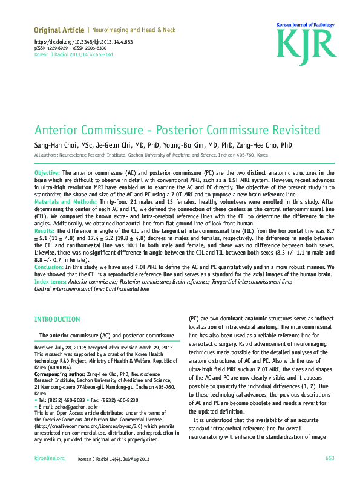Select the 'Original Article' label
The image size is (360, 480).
point(59,30)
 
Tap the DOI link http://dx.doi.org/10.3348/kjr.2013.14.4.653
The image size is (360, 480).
point(83,42)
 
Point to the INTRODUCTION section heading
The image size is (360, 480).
point(57,319)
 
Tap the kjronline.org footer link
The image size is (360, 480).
point(50,458)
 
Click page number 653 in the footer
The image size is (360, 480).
point(329,458)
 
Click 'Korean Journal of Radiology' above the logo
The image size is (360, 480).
point(306,24)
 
